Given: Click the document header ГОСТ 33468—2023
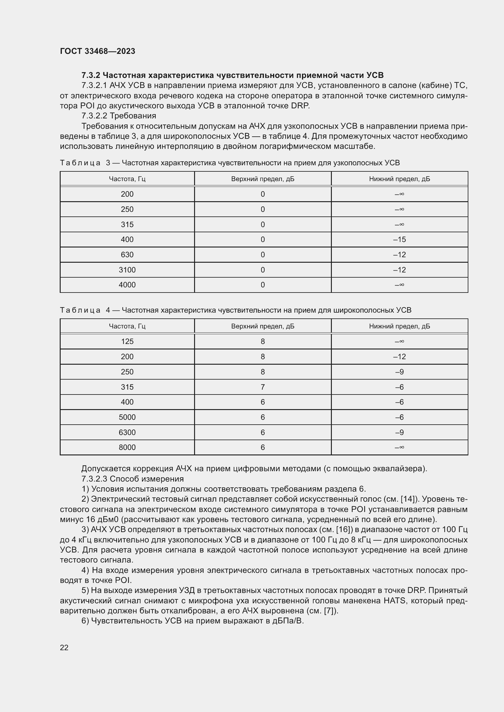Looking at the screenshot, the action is click(x=98, y=51).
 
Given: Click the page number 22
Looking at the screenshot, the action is click(x=64, y=648).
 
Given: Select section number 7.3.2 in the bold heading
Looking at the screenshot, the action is click(x=91, y=75).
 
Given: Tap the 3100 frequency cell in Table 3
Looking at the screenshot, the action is click(x=127, y=270).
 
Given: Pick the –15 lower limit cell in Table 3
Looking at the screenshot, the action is click(x=399, y=240).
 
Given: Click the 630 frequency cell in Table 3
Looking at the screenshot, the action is click(x=127, y=255).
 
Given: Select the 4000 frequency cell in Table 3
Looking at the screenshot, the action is click(x=127, y=285).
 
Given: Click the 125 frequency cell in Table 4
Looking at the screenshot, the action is click(x=127, y=342).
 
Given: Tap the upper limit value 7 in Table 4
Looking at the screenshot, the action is click(x=263, y=387).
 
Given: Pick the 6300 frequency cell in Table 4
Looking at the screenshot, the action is click(x=127, y=433).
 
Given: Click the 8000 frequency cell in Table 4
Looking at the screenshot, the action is click(x=127, y=447).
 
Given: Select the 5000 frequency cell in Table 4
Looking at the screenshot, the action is click(x=127, y=417).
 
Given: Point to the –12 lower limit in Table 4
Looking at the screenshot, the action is click(x=399, y=357).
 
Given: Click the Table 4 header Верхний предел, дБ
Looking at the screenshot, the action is click(x=263, y=327).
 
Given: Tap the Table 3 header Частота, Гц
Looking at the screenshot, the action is click(x=127, y=179).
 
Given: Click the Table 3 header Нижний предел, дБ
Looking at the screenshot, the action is click(x=399, y=179).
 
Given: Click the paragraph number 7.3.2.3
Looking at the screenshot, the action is click(x=94, y=479).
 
